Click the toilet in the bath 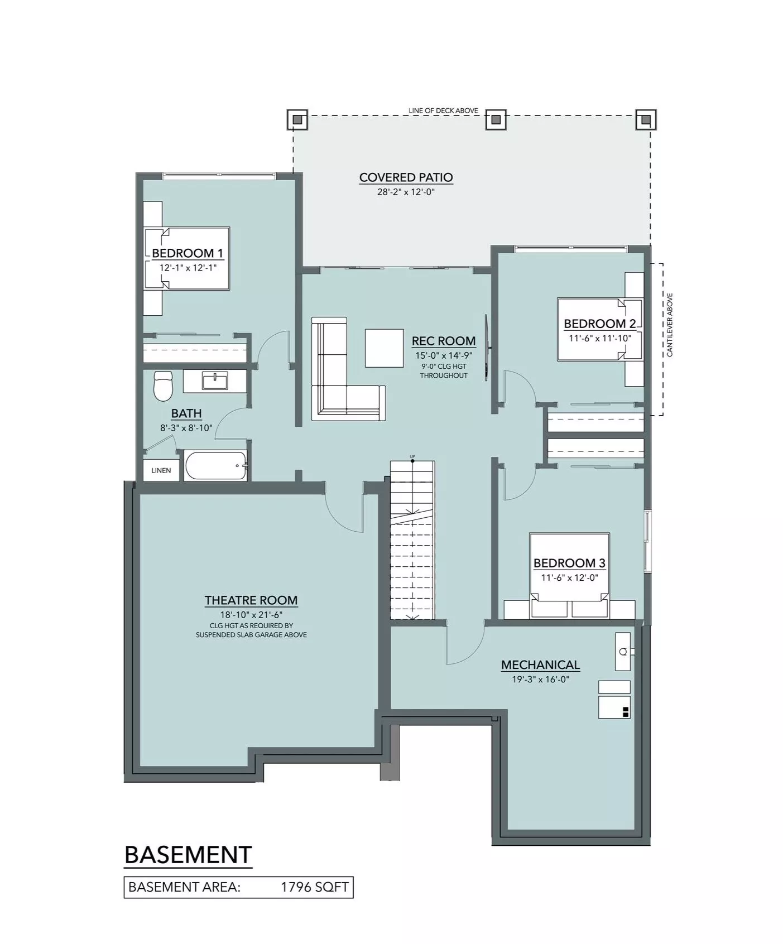point(163,386)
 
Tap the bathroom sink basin point(215,382)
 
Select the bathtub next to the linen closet point(216,466)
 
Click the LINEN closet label point(161,470)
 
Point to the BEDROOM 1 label point(188,253)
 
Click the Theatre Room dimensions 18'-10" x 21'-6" point(251,615)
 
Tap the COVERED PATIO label point(406,177)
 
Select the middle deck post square point(496,119)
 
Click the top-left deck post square point(297,119)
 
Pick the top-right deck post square point(646,119)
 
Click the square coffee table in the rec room point(385,348)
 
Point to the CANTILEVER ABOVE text point(670,325)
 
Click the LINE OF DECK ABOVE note point(443,110)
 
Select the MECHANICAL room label point(540,665)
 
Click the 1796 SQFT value point(315,887)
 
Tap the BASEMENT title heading point(188,855)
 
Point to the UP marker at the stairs point(412,457)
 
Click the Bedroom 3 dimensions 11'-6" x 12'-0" point(569,578)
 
